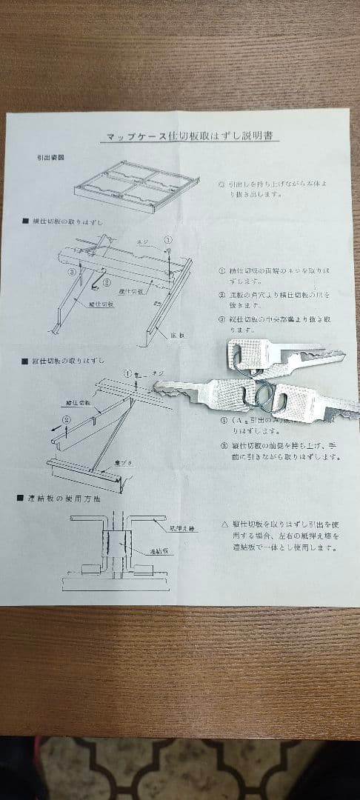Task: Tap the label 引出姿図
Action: coord(51,158)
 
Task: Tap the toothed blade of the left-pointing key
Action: coord(178,390)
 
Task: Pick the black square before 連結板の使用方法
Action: coord(21,499)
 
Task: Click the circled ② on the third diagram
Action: coord(66,419)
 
